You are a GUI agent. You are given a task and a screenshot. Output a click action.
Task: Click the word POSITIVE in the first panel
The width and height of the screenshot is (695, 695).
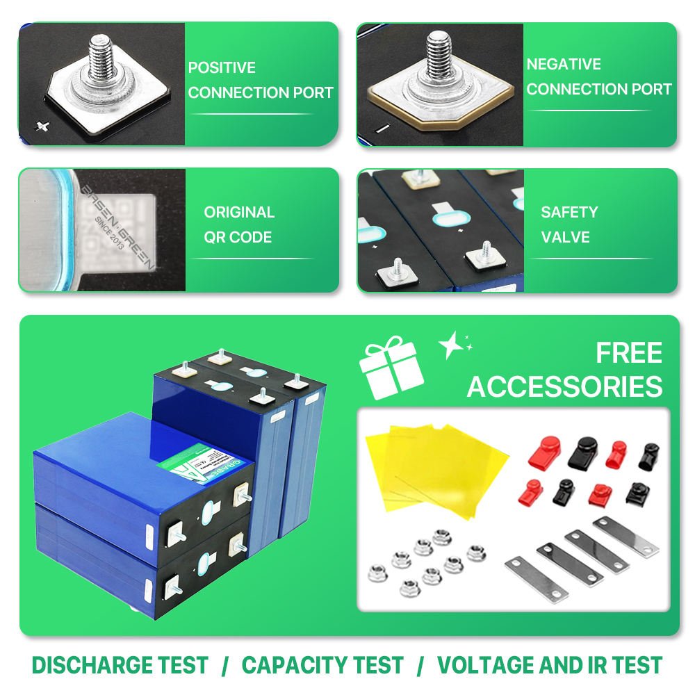(x=222, y=68)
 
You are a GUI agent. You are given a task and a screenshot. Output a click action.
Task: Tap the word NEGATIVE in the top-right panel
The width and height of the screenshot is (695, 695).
(x=564, y=65)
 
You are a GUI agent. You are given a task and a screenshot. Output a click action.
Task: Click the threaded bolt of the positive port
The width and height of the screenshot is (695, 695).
(x=99, y=56)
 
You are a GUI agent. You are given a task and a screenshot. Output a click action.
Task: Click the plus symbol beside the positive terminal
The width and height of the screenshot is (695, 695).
(x=44, y=124)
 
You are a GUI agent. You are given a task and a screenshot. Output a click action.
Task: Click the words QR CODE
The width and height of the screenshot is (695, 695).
(x=238, y=237)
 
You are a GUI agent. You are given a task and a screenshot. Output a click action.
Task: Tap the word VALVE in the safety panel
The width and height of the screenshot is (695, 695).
(x=565, y=237)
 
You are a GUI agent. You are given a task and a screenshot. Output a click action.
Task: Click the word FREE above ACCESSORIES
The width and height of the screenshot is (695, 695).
(x=628, y=354)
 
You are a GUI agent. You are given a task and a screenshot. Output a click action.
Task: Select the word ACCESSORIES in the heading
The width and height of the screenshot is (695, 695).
(x=564, y=387)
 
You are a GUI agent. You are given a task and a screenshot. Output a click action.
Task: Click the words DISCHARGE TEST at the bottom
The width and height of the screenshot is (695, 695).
(x=120, y=665)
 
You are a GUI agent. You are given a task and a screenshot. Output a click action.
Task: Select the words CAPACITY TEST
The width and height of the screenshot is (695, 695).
(x=322, y=665)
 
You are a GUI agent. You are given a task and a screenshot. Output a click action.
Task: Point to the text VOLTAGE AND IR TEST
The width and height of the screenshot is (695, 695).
(x=549, y=665)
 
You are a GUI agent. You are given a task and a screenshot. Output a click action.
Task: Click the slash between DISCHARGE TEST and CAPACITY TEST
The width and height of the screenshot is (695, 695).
(x=224, y=666)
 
